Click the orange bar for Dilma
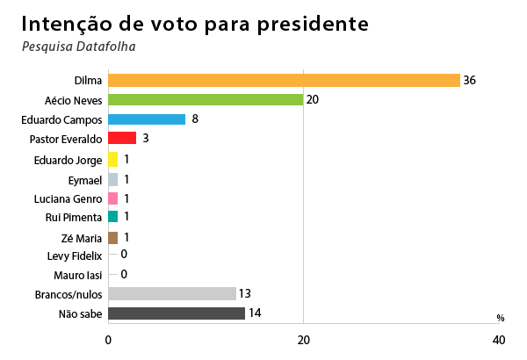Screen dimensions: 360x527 (284, 80)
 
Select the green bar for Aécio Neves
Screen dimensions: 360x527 (206, 99)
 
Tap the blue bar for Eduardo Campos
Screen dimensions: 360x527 (147, 119)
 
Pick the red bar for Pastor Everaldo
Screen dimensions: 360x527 (122, 138)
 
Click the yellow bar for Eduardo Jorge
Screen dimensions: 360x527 (112, 160)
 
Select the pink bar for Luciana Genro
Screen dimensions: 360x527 (112, 198)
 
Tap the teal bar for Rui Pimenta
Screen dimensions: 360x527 (112, 217)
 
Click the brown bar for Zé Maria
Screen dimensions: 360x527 (112, 237)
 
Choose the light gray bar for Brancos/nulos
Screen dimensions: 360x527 (172, 293)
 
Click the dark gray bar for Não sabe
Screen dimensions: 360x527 (177, 313)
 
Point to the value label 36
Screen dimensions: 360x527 (470, 80)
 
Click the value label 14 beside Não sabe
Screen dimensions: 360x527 (256, 313)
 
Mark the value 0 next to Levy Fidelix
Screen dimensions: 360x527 (124, 255)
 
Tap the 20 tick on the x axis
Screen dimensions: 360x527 (303, 340)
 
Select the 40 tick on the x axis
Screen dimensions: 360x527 (498, 340)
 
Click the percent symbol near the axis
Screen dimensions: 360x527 (500, 318)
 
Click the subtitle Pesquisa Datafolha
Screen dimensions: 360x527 (79, 46)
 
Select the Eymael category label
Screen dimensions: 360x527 (84, 179)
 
